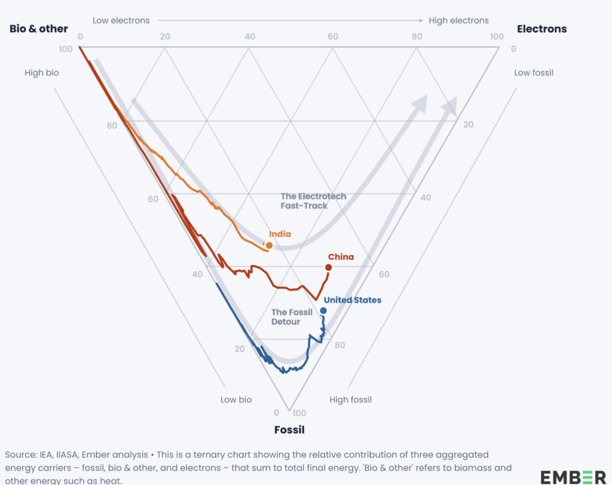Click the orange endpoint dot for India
269,245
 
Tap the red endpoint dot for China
328,267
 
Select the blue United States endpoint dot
323,310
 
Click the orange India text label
280,234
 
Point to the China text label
341,257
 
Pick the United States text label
352,300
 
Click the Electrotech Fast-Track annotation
313,201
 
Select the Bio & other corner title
39,29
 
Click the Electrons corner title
541,29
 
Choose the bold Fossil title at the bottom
289,429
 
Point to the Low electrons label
121,20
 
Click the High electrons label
458,20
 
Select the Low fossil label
534,73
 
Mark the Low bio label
236,399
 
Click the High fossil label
350,399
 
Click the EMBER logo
573,477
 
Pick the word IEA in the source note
45,455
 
